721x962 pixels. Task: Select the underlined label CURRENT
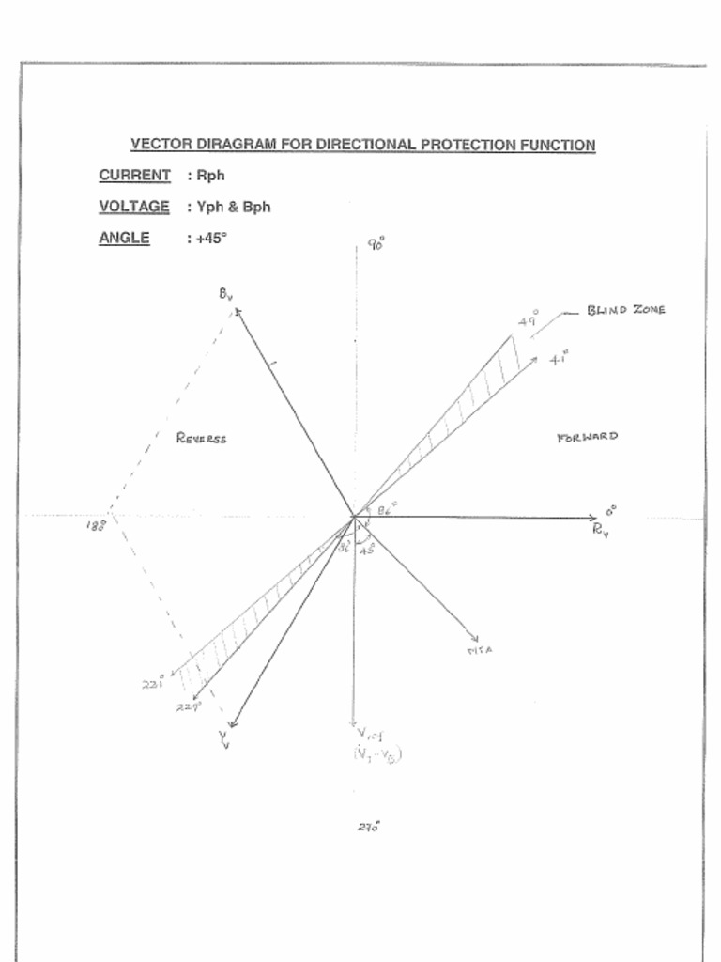tap(135, 175)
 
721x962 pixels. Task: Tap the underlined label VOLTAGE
tap(134, 206)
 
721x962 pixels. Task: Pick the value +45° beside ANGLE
tap(211, 238)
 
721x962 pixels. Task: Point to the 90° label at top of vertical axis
tap(376, 245)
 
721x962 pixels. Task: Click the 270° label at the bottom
tap(368, 828)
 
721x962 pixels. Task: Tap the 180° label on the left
tap(96, 525)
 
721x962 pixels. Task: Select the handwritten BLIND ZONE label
tap(626, 310)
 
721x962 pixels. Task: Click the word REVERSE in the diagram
tap(202, 438)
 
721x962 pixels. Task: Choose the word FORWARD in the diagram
tap(588, 437)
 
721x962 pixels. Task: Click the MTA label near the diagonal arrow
tap(479, 650)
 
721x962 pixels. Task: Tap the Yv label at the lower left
tap(224, 739)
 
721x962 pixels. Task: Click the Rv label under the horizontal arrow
tap(601, 530)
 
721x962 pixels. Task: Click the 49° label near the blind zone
tap(529, 321)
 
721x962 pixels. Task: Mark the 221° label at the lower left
tap(153, 684)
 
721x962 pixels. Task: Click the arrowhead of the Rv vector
tap(592, 517)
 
